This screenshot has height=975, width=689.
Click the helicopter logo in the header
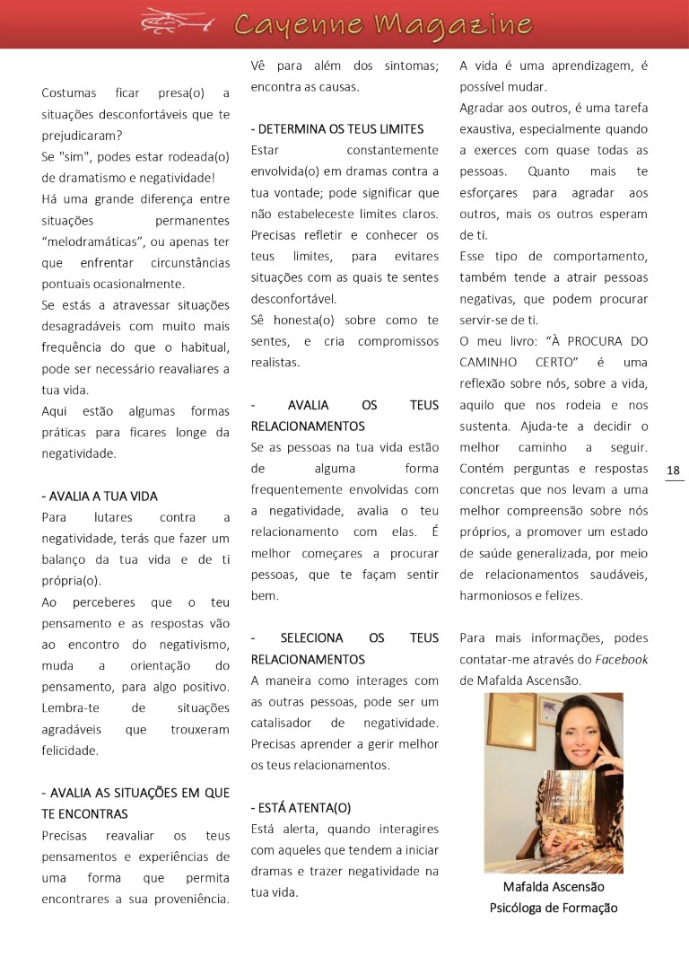(178, 22)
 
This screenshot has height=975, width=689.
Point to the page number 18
(674, 470)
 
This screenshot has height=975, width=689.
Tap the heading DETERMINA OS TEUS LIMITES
(337, 129)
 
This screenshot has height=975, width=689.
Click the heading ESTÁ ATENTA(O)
(301, 807)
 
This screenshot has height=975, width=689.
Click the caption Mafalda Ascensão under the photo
(554, 887)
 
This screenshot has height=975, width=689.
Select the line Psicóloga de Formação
(554, 908)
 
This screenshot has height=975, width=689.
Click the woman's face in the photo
(580, 742)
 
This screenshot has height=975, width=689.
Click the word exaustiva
(489, 129)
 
